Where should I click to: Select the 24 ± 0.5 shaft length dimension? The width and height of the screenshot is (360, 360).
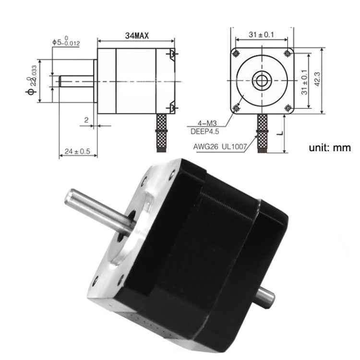coord(77,151)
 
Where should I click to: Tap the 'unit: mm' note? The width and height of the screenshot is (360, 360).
coord(330,148)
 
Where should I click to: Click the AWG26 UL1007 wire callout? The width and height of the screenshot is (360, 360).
coord(218,147)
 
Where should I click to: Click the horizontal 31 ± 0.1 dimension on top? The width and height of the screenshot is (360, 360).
coord(262,35)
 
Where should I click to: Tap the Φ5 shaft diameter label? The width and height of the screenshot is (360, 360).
coord(67,42)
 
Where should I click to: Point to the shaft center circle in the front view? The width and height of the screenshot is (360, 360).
coord(262,80)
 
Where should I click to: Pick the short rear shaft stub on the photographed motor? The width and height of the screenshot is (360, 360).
coord(266,295)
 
